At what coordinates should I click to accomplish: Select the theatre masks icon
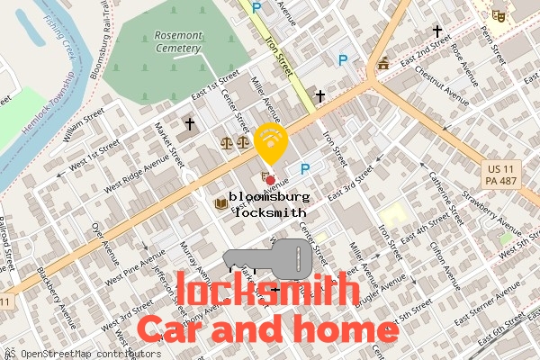click(x=497, y=14)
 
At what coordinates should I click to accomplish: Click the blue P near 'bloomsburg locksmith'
click(x=305, y=168)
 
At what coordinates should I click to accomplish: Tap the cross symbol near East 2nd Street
click(x=437, y=31)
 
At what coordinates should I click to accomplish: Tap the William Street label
click(x=85, y=128)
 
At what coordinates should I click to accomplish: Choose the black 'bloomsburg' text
click(x=270, y=196)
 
